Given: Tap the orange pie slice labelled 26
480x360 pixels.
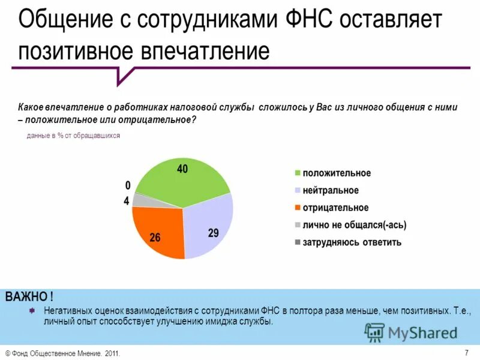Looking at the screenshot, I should coord(157,231).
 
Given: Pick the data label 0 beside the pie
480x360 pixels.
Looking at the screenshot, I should coord(127,185).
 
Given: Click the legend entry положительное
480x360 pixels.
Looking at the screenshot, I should coord(336,173).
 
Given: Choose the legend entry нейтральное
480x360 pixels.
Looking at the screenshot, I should coord(330,190).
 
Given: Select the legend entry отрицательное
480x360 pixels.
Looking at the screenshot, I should coord(335,208).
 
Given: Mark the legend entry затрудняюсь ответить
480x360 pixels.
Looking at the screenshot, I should coord(352,242).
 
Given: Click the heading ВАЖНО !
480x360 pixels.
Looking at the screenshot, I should coord(29,296).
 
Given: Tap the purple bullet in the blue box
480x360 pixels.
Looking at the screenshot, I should coord(32,310).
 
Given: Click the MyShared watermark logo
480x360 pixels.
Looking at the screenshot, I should coord(411,332).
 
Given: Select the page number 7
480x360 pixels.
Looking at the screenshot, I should coord(466,352).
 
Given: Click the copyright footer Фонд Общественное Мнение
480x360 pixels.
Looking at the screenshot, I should coord(63,354).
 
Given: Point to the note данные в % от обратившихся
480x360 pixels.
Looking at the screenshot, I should coord(73,136).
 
